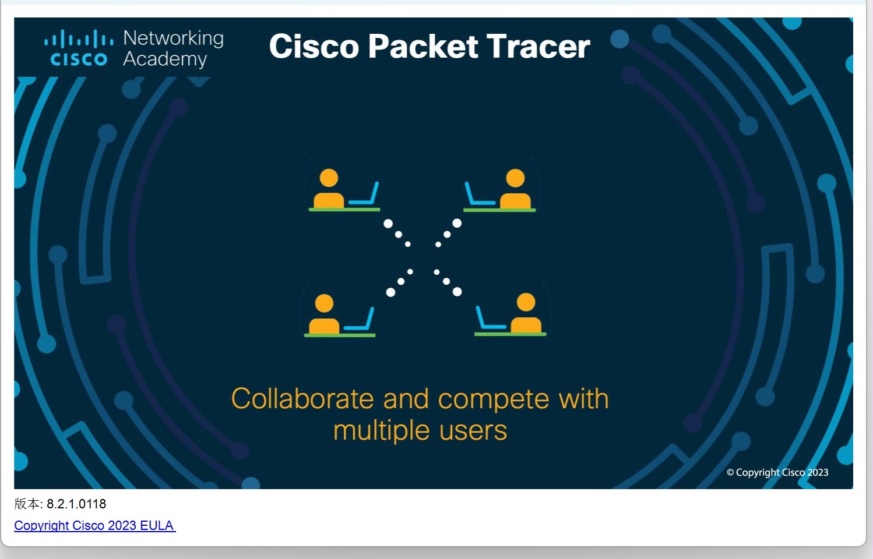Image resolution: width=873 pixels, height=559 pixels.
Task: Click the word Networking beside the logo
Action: click(x=174, y=38)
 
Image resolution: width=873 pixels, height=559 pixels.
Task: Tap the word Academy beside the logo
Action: click(x=165, y=59)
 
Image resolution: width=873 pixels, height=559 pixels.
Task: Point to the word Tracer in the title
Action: click(x=538, y=47)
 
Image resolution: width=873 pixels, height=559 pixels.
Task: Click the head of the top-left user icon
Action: click(x=329, y=178)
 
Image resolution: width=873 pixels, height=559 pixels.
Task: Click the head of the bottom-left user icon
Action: click(x=324, y=303)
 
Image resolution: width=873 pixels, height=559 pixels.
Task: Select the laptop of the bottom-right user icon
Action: click(x=490, y=320)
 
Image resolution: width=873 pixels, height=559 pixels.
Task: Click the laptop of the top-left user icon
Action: click(x=365, y=195)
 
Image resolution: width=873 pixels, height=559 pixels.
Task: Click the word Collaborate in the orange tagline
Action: click(x=302, y=399)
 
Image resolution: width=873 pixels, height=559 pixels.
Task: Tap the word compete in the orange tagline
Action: click(x=493, y=399)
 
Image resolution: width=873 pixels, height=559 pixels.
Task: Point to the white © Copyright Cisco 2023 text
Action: click(x=777, y=472)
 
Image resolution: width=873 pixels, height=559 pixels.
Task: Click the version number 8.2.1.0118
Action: click(x=76, y=504)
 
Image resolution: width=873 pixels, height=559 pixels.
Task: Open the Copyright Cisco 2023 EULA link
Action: click(x=94, y=525)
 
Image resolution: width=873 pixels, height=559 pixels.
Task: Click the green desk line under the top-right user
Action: click(x=499, y=210)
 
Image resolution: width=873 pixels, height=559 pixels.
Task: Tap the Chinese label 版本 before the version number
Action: click(x=27, y=504)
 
